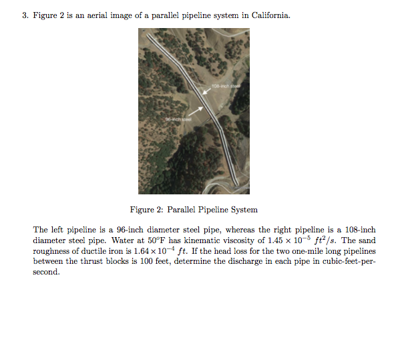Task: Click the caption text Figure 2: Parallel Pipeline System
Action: pos(193,210)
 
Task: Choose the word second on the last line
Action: pos(45,272)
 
